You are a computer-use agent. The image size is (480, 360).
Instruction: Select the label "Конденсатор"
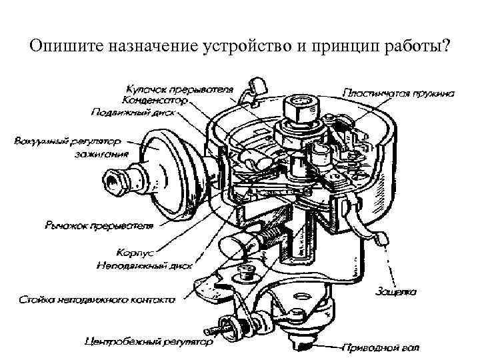(155, 100)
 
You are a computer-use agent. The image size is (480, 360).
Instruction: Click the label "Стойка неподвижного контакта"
(97, 300)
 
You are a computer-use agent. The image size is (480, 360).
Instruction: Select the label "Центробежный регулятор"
(149, 343)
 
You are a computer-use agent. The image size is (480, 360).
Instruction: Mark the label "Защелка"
(396, 291)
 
